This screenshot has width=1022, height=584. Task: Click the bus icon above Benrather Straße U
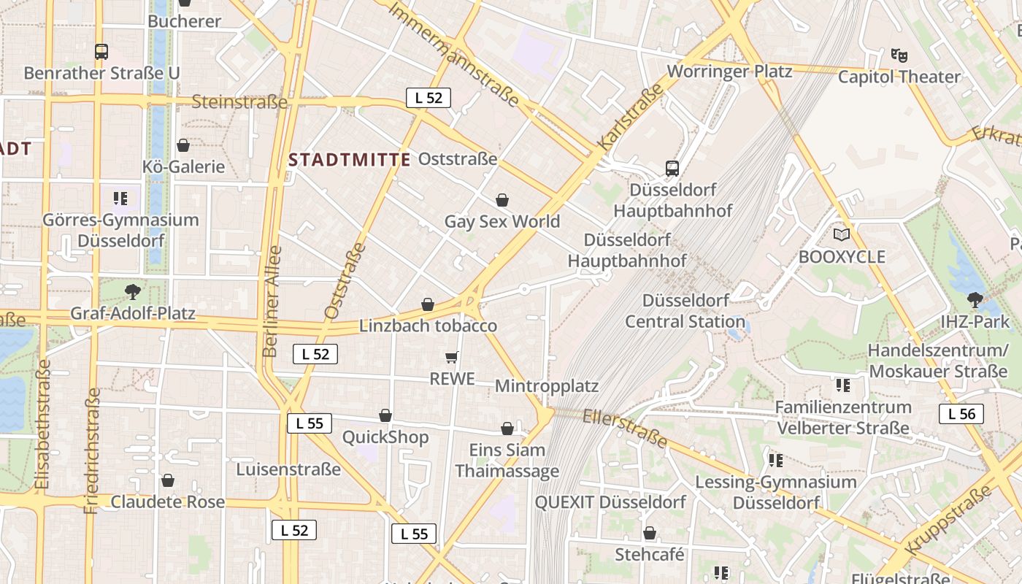(101, 52)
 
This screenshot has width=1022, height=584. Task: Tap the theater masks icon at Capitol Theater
(899, 55)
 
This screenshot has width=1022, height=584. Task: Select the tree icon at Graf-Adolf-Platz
(133, 292)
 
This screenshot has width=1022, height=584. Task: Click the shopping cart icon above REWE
(452, 357)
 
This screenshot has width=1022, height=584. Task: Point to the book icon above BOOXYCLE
(842, 234)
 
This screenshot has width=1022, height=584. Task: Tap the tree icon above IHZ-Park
(975, 299)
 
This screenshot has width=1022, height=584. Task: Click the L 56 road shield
(961, 414)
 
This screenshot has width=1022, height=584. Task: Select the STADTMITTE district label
(350, 160)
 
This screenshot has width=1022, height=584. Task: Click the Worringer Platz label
(729, 71)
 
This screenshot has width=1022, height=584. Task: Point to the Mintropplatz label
(547, 386)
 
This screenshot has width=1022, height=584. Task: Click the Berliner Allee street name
(272, 301)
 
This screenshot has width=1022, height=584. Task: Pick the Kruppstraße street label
(949, 518)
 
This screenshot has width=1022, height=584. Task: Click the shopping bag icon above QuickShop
(385, 415)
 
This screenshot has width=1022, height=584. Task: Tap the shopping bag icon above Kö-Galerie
(183, 145)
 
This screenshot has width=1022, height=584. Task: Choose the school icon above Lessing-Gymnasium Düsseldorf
(775, 460)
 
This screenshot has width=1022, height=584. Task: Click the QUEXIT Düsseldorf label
(610, 502)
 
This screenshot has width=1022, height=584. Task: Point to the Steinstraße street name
(239, 101)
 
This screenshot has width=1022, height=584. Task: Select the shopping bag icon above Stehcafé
(649, 533)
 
